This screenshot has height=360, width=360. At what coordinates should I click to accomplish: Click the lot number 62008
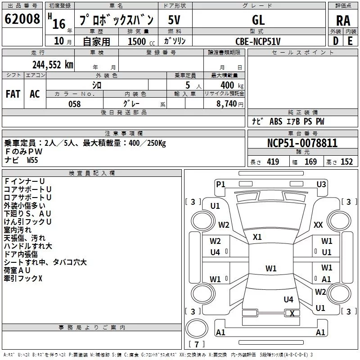22,19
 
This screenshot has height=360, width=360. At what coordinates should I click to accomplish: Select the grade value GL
259,20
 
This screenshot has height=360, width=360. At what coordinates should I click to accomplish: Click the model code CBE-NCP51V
258,41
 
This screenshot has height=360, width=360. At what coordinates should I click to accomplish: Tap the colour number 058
74,103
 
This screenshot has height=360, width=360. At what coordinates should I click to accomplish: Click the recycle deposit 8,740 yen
227,103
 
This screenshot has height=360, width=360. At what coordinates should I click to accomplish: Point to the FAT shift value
13,94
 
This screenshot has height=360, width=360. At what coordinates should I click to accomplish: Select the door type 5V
174,20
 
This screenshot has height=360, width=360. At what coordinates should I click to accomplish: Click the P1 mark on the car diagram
220,184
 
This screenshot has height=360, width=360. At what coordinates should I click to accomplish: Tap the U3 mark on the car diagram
321,184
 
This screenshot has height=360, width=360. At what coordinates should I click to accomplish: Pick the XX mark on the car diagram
318,225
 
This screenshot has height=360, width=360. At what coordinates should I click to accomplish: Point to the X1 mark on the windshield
257,237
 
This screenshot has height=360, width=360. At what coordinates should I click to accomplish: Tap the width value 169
310,162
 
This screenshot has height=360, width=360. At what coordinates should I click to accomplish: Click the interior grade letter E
350,41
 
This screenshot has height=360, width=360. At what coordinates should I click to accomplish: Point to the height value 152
346,162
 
